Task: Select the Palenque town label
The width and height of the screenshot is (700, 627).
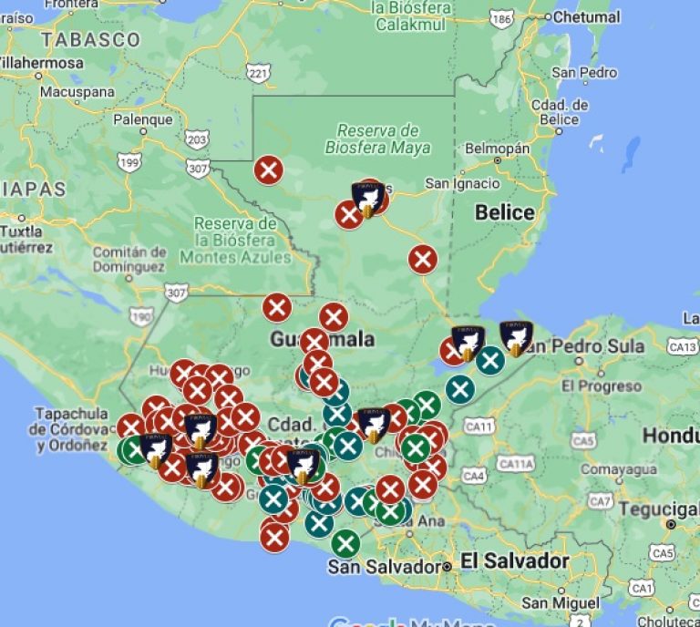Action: [142, 119]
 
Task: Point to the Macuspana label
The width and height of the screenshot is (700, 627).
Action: [77, 91]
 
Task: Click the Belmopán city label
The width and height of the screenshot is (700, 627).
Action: [497, 148]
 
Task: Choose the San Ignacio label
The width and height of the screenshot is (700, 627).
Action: [462, 183]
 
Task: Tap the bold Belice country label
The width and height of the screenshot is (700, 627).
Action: [505, 212]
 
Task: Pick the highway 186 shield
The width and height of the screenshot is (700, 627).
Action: [500, 18]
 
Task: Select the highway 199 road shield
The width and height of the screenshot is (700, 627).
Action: [129, 162]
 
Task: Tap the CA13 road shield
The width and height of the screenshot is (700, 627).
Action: [682, 346]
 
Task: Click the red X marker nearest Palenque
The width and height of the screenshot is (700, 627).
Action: [268, 170]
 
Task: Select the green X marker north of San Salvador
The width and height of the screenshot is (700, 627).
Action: [345, 544]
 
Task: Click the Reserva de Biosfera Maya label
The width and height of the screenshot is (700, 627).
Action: [377, 139]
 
